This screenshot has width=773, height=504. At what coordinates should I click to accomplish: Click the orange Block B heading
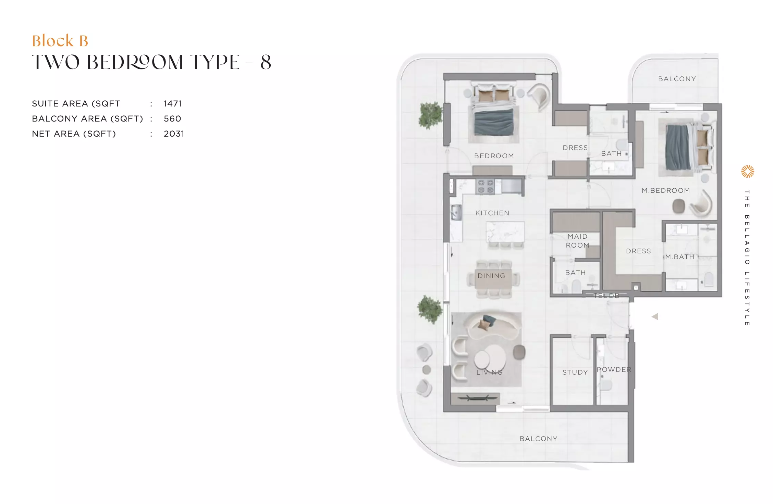[60, 41]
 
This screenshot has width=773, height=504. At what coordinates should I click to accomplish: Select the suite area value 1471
[173, 103]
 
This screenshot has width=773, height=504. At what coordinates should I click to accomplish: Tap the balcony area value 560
[172, 118]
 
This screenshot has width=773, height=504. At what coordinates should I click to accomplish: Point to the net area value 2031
[174, 134]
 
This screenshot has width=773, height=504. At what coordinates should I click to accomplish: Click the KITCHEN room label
[492, 213]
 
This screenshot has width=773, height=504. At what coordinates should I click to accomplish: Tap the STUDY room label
[575, 372]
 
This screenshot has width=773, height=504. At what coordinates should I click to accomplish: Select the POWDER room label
[614, 369]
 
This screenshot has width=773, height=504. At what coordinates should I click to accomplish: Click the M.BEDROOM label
[666, 190]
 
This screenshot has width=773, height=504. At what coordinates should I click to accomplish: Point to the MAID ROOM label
[578, 241]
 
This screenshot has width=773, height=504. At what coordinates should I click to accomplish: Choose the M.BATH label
[680, 257]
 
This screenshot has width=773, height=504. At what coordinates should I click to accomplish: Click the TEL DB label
[606, 295]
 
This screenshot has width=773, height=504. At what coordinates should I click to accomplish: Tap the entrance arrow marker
[655, 316]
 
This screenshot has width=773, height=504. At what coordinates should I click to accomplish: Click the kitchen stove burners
[486, 187]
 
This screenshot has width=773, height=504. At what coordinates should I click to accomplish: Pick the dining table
[493, 279]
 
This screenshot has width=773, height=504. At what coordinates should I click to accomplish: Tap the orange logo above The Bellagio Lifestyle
[747, 172]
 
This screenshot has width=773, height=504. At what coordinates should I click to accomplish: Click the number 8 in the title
[266, 62]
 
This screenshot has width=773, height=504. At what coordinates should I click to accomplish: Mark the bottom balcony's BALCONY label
[538, 439]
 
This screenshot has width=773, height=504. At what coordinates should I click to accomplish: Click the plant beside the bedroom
[430, 115]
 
